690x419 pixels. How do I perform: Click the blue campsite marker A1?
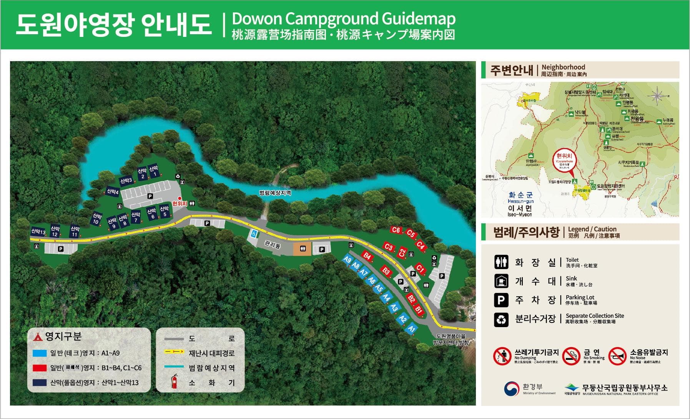[x=412, y=328]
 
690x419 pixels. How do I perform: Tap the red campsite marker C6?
[x=396, y=230]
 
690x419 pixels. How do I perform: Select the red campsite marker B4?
[x=367, y=256]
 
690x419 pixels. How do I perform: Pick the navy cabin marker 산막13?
[x=38, y=231]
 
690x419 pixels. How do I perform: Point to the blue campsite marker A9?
[x=347, y=260]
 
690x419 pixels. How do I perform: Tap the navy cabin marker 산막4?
[x=112, y=191]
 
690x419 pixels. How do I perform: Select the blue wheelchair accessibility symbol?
[x=254, y=233]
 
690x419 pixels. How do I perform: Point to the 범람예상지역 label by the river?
[x=275, y=193]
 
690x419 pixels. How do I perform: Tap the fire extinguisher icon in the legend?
[x=175, y=381]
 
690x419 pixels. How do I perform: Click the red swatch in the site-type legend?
[x=40, y=368]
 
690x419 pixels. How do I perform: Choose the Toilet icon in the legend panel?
[x=501, y=262]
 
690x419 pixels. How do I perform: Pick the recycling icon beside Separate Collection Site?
[x=501, y=319]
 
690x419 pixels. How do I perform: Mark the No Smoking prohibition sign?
[x=571, y=356]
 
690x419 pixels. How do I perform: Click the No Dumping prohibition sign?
[x=502, y=356]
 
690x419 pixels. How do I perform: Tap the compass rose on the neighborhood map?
[x=657, y=95]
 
